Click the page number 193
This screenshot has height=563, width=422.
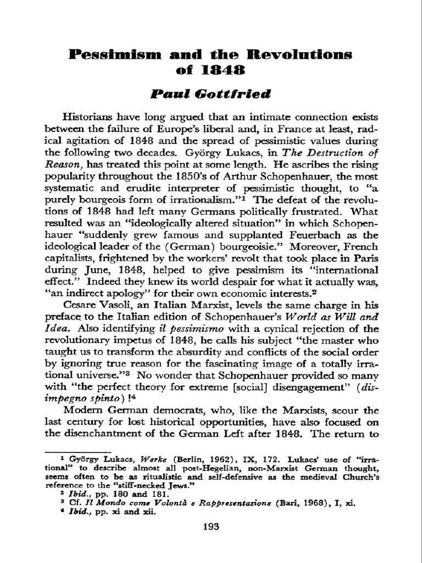pos(210,527)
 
